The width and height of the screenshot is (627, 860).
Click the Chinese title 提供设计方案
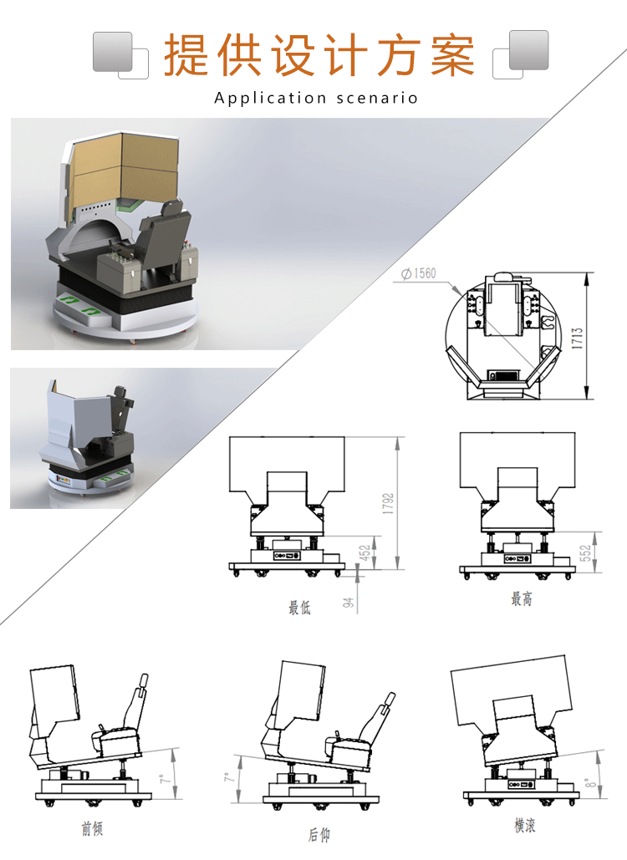[x=319, y=55]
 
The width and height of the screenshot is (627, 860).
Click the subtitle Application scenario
[x=316, y=98]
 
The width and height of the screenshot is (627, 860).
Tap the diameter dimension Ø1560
[x=419, y=273]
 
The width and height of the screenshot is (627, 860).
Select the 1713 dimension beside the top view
[x=577, y=338]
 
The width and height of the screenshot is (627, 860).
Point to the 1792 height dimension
[x=388, y=503]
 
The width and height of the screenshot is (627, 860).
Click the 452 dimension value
[x=364, y=553]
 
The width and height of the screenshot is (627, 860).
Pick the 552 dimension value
[x=585, y=553]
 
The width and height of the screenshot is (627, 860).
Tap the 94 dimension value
[x=348, y=603]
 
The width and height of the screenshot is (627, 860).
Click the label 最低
[x=299, y=607]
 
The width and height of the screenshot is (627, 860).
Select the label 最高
[x=522, y=598]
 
